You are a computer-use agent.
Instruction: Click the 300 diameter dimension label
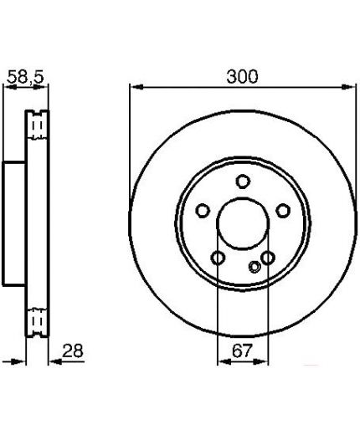pyautogui.click(x=242, y=76)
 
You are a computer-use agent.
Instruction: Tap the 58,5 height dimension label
pyautogui.click(x=25, y=77)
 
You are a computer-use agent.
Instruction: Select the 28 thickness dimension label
pyautogui.click(x=73, y=351)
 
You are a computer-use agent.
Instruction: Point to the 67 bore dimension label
pyautogui.click(x=242, y=351)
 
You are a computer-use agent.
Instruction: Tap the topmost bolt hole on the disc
pyautogui.click(x=243, y=182)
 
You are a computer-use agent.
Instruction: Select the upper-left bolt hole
pyautogui.click(x=203, y=211)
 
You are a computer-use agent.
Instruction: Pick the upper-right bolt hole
pyautogui.click(x=283, y=211)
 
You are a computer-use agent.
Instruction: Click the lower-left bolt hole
pyautogui.click(x=218, y=258)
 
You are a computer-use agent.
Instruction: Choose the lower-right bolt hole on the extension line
pyautogui.click(x=268, y=258)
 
